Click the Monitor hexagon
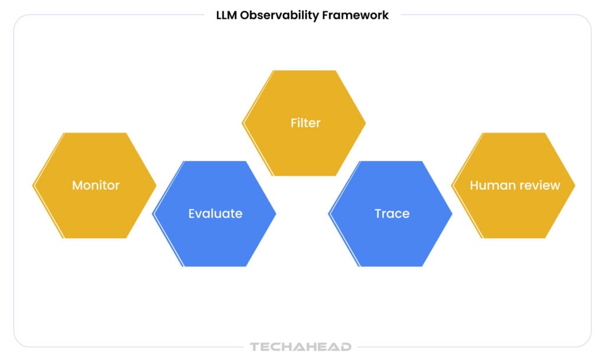coord(95,186)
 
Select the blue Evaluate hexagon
coord(214,214)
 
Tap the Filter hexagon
coord(304,123)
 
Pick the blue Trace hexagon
coord(390,214)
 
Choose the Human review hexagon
coord(513,186)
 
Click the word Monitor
coord(96,185)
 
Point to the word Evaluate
coord(215,213)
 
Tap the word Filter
coord(305,123)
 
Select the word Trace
coord(392,213)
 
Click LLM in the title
coord(226,15)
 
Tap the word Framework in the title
coord(355,15)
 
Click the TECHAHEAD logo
coord(301,346)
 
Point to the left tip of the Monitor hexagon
coord(32,186)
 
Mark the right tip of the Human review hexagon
coord(575,186)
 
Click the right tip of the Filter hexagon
coord(365,123)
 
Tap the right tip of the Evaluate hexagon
coord(276,214)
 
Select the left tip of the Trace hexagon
coord(328,214)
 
